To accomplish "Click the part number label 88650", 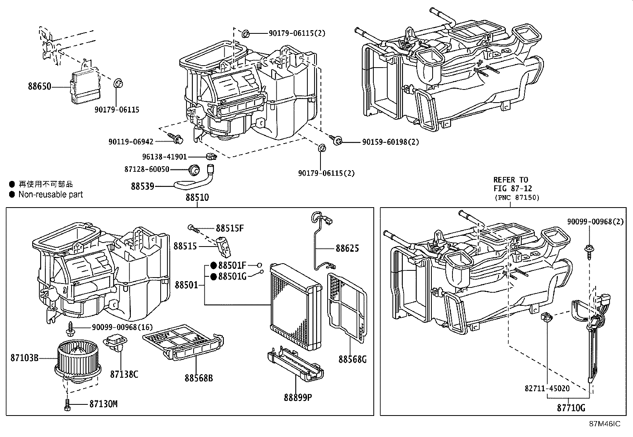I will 39,86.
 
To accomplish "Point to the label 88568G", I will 352,359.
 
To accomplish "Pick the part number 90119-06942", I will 130,142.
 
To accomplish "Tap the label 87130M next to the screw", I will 103,404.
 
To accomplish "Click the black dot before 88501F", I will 214,265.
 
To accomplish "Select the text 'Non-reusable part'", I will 50,195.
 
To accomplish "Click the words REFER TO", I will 511,180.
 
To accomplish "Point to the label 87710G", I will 571,408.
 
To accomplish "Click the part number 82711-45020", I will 547,388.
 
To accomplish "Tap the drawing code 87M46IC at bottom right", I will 604,424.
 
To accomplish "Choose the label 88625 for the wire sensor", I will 347,249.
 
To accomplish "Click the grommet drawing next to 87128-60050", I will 194,170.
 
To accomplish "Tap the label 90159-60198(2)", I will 390,142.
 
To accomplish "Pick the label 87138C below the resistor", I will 124,374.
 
